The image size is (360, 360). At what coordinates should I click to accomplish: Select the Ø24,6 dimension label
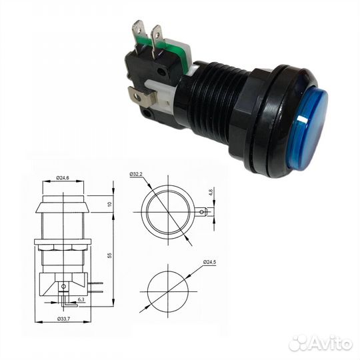[x=63, y=179]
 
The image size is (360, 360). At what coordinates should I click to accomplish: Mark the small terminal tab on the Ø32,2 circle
[x=201, y=212]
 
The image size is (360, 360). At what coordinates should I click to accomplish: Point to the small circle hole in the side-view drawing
[x=63, y=287]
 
